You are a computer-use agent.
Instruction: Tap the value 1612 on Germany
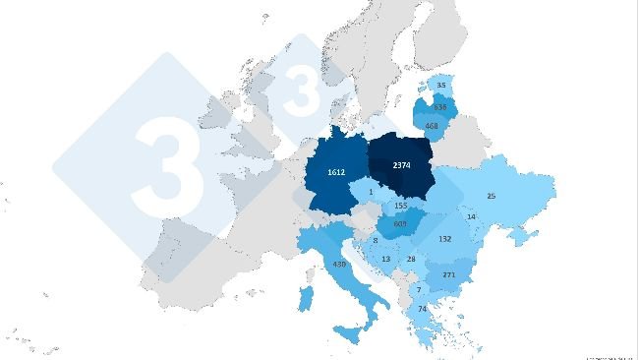pos(337,172)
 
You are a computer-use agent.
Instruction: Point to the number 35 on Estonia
pos(440,86)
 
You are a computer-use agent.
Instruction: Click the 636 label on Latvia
pos(440,106)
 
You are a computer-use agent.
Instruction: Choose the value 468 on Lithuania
pos(432,125)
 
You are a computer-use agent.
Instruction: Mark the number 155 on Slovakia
pos(400,206)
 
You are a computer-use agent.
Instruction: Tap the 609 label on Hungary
pos(400,224)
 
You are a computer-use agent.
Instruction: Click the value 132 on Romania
pos(444,239)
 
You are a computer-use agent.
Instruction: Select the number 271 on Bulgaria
pos(449,274)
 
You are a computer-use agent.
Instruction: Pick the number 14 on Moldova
pos(471,216)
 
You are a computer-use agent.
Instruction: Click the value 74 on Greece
pos(424,309)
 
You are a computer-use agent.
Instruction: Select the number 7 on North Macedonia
pos(418,289)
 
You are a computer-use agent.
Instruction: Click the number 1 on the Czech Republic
pos(372,192)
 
